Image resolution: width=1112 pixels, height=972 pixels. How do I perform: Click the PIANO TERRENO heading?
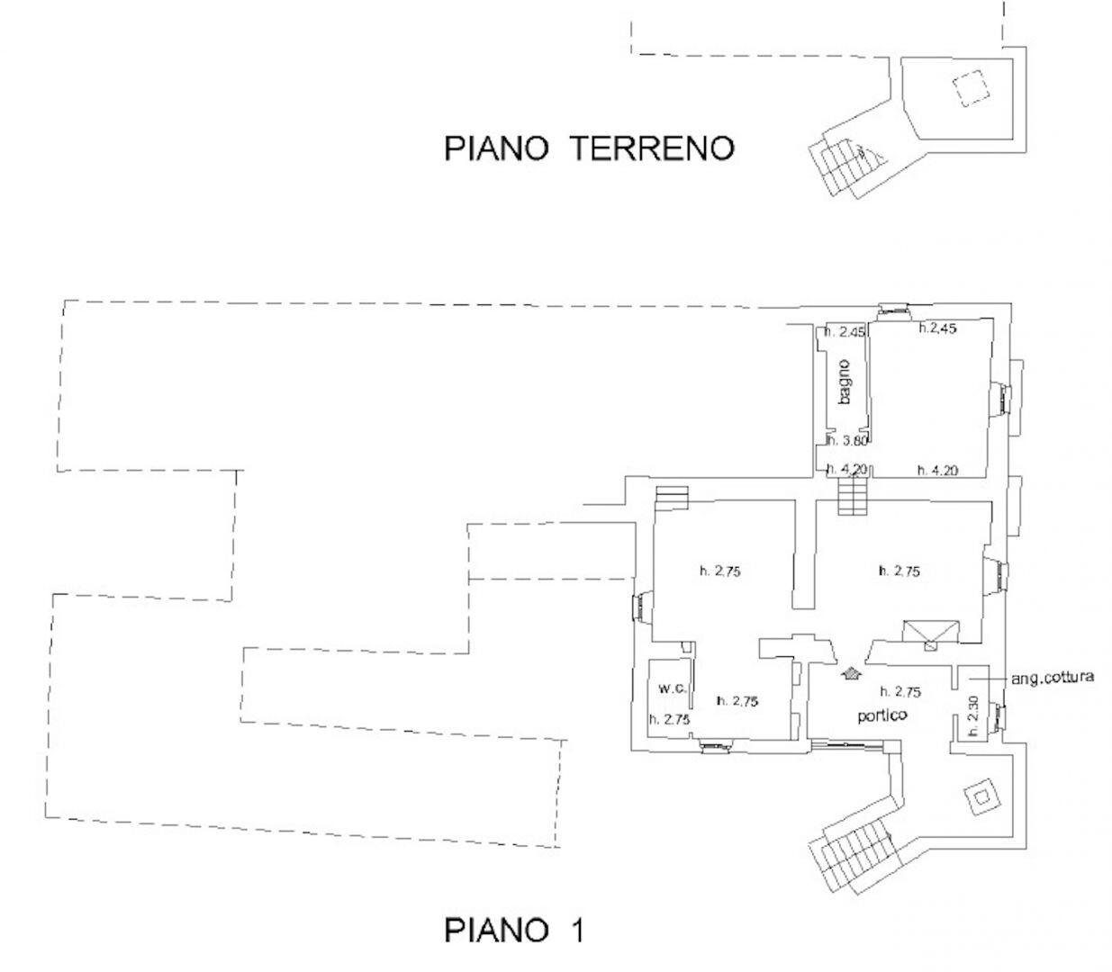(x=589, y=148)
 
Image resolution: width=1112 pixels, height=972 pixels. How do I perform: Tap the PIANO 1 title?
(x=514, y=930)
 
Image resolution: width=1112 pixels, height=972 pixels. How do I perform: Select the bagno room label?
(x=844, y=382)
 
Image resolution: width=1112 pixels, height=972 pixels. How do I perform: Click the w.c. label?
(x=674, y=688)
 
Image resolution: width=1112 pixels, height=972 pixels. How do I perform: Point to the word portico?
(x=882, y=715)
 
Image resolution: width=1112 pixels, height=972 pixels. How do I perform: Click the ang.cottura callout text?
(x=1053, y=678)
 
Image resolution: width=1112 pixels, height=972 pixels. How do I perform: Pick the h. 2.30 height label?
(x=973, y=715)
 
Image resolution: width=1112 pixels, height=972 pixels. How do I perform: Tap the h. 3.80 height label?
(x=847, y=441)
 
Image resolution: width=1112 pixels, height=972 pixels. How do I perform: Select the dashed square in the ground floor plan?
(x=970, y=88)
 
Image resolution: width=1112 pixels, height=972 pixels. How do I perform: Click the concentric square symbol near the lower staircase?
(x=981, y=797)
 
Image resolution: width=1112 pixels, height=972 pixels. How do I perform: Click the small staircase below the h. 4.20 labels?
(x=851, y=497)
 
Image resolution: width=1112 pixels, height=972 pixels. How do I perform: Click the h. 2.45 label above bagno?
(x=845, y=332)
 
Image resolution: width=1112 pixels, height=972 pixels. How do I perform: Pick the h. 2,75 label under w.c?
(x=670, y=719)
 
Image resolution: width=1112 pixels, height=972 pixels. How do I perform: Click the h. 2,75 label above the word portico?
(x=900, y=691)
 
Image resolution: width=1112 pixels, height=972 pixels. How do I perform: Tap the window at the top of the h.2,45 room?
(x=894, y=310)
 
